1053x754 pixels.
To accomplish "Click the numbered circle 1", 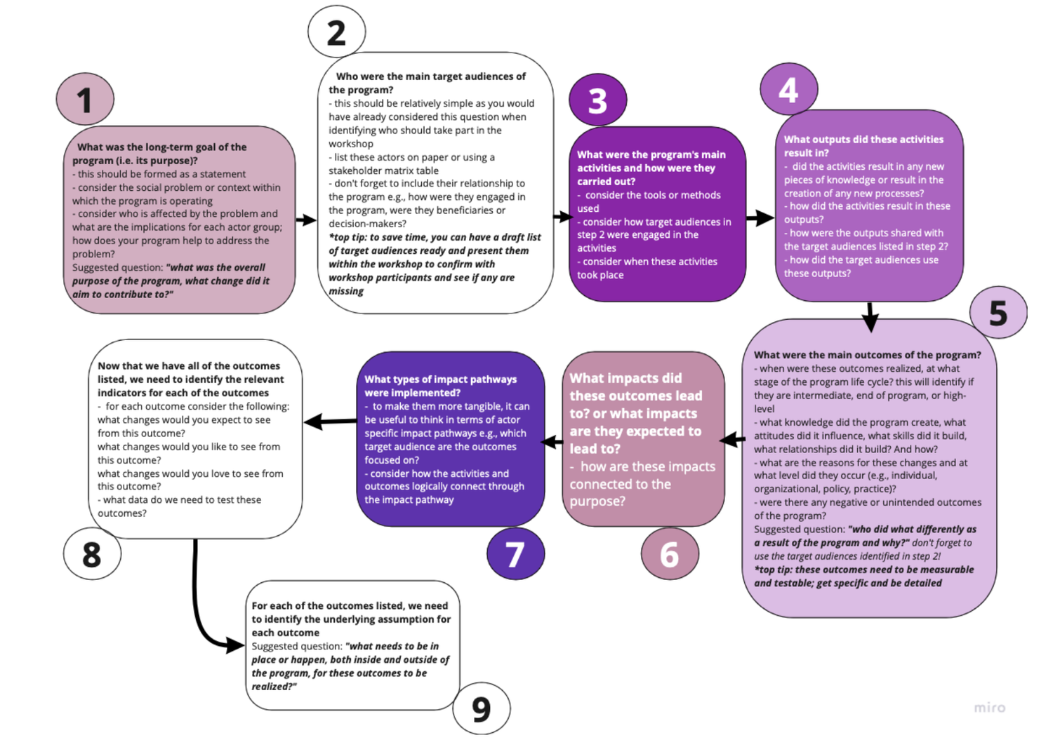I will pos(85,100).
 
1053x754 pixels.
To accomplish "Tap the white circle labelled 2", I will pos(337,33).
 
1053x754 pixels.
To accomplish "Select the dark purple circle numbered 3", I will pos(597,101).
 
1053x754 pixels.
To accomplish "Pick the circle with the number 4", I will pos(788,90).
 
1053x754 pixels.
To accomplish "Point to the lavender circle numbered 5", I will pos(998,313).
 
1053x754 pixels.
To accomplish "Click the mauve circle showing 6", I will pos(670,554).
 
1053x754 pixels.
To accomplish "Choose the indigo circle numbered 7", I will pos(515,554).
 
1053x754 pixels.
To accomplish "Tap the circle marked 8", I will pos(92,554).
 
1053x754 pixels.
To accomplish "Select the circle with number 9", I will pos(482,708).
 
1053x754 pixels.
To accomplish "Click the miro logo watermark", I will pos(989,708).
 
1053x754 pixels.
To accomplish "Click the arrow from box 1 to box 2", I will pos(306,220).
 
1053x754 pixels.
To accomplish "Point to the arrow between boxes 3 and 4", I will pos(760,218).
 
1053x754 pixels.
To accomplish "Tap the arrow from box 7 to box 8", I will pos(330,422).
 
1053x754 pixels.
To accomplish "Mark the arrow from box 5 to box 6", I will pos(733,440).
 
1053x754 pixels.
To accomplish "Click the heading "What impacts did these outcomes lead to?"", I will pos(635,413).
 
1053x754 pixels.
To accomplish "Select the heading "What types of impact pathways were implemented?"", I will pos(440,386).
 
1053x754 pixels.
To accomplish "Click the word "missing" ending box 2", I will pos(346,291).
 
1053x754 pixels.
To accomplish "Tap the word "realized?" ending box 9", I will pos(274,687).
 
